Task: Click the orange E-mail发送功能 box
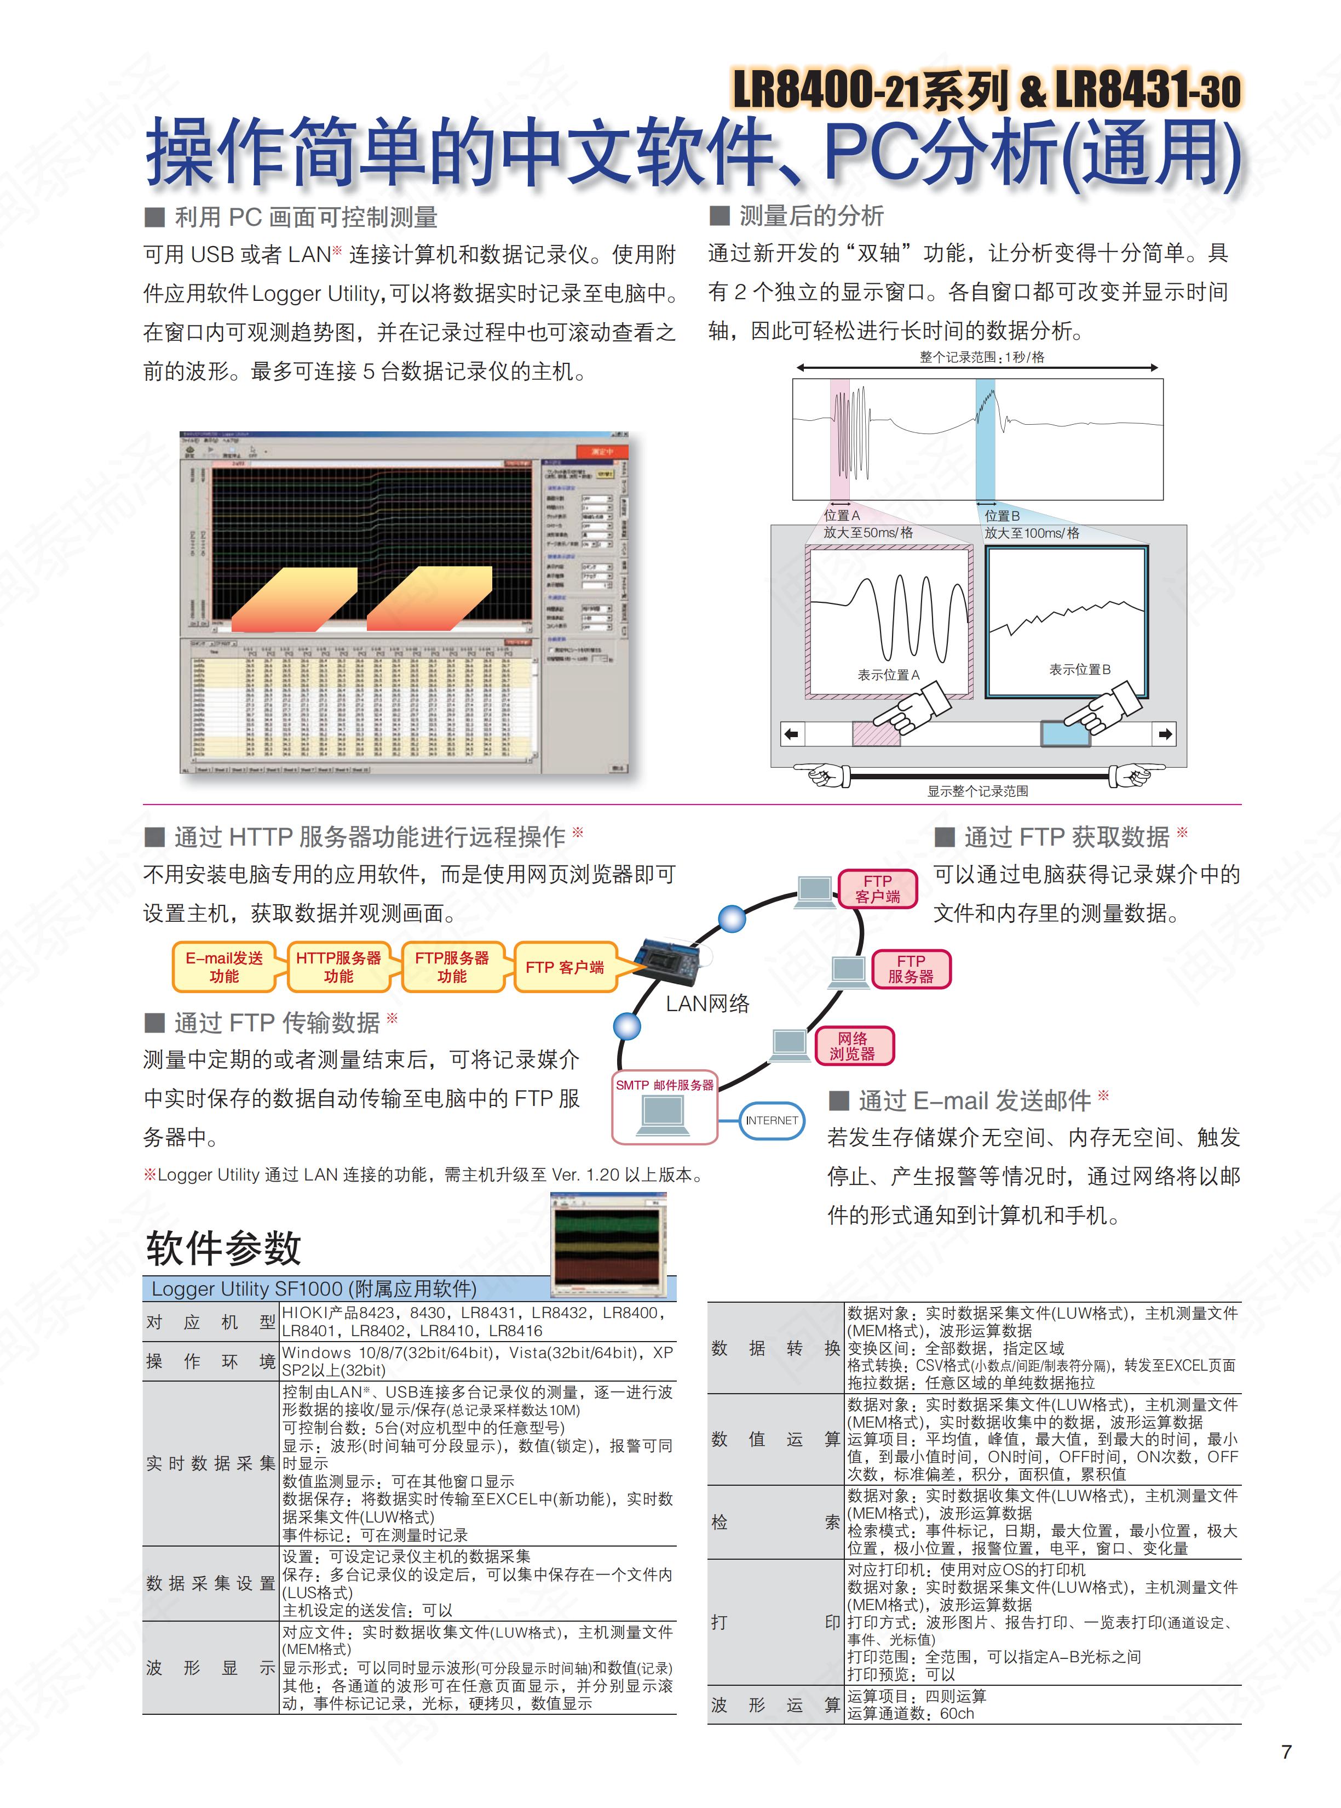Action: point(223,967)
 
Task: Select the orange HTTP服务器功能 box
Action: point(338,967)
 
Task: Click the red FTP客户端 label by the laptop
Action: point(878,888)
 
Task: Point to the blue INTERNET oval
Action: point(771,1120)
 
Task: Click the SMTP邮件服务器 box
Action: point(664,1107)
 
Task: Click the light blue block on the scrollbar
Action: point(1065,733)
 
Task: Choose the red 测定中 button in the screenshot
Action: point(601,451)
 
